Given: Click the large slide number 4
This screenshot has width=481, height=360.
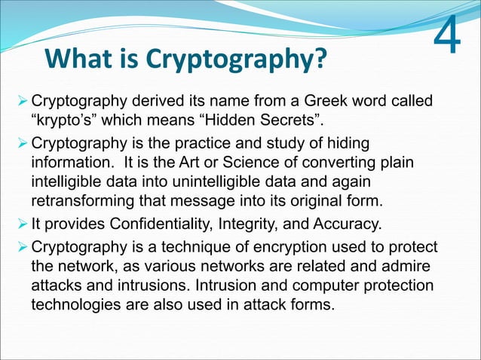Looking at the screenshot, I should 449,35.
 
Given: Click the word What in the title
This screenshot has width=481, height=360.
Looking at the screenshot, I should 81,58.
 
